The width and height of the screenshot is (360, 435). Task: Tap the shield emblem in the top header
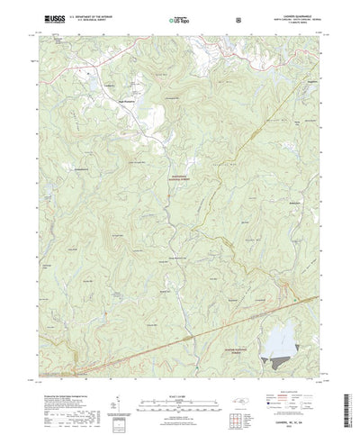click(x=237, y=18)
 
